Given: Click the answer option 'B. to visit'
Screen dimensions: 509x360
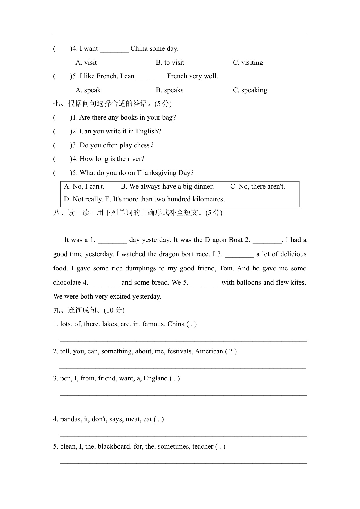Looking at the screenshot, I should (170, 63).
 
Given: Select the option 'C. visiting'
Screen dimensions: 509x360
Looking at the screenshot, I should (248, 63).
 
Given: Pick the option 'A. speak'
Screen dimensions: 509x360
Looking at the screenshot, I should (88, 90).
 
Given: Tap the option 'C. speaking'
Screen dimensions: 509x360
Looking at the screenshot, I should (250, 90).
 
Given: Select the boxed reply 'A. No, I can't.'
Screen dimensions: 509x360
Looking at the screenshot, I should (84, 187).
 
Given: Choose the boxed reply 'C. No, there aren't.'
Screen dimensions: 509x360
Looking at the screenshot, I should (258, 187).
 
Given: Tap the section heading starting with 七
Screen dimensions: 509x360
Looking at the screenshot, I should (113, 104).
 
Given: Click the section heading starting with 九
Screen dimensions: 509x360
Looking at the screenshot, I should (89, 310).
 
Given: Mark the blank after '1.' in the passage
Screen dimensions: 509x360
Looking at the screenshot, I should (113, 240).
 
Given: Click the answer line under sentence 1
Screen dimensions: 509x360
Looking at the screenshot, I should (183, 340).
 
